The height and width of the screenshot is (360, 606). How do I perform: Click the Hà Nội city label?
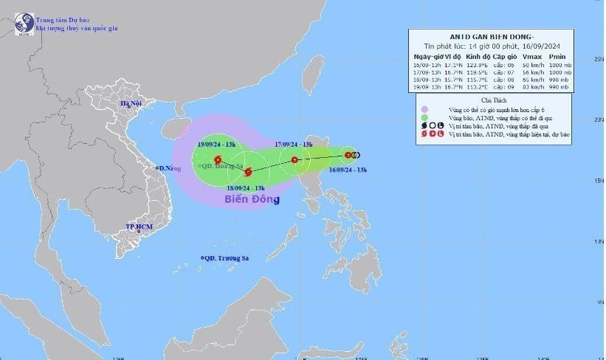pos(131,103)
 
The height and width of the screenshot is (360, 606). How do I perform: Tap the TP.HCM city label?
pos(138,226)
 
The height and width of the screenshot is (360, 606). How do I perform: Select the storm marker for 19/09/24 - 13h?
pos(217,160)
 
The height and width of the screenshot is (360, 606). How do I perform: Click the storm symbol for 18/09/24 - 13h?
pos(248,173)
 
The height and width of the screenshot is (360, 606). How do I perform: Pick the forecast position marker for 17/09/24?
pos(295,160)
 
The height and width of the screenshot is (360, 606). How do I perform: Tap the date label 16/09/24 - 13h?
pos(348,170)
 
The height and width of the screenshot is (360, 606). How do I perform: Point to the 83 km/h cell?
pos(531,86)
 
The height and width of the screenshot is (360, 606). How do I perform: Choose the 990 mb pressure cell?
pos(558,86)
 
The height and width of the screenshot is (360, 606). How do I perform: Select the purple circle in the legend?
pos(425,108)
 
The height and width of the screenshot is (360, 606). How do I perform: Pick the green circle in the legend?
pos(425,117)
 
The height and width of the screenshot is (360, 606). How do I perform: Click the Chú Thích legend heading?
pos(494,99)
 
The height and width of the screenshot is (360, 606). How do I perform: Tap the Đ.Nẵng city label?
pos(170,168)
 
